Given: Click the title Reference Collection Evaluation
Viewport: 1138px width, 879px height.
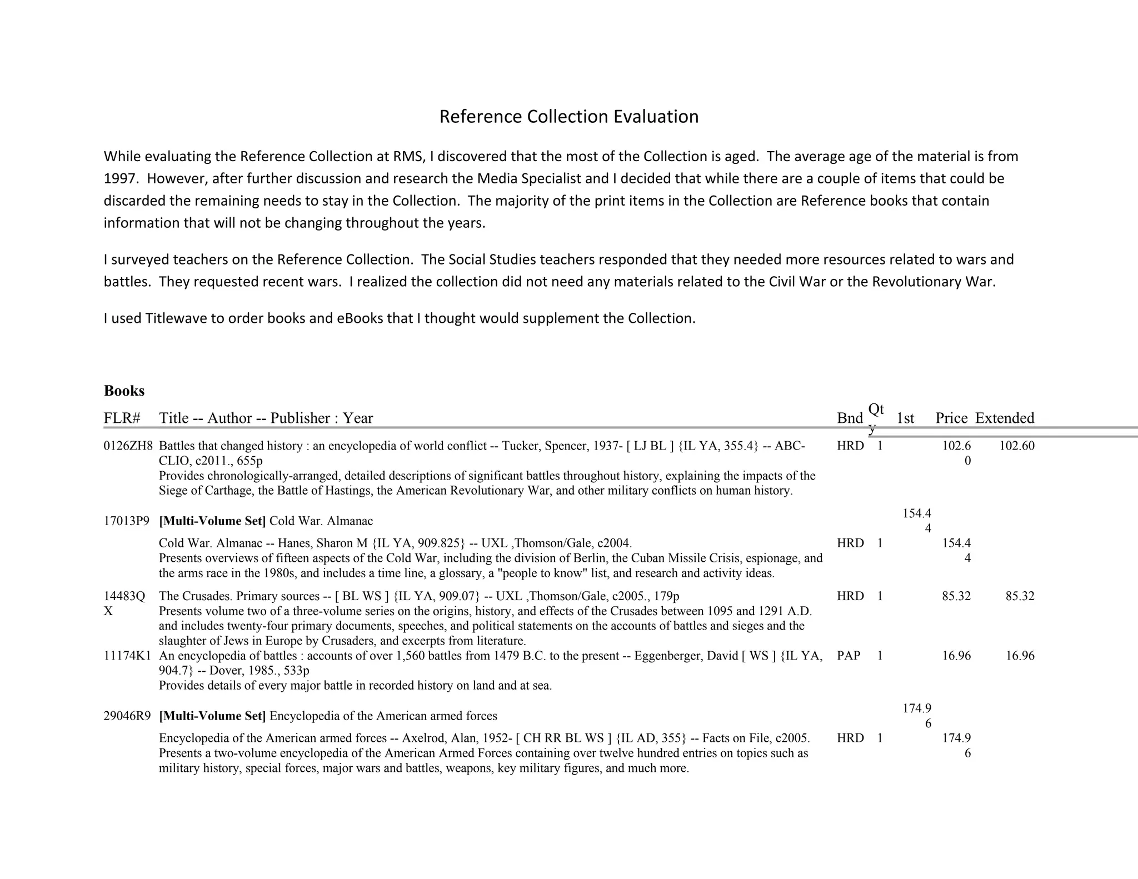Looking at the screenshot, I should [x=568, y=117].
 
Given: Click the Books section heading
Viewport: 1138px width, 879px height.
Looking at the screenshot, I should [x=124, y=391].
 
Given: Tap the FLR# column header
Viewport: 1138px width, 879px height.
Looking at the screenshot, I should [x=122, y=418].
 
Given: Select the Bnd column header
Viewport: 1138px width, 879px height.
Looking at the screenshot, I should [x=850, y=418].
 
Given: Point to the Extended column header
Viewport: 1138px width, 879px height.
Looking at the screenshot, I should [x=1004, y=418].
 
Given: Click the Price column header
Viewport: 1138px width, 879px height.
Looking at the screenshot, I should [x=951, y=418].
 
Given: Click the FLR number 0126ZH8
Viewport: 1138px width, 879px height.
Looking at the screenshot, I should [x=128, y=446].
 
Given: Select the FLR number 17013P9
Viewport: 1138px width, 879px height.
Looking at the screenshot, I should [x=127, y=521].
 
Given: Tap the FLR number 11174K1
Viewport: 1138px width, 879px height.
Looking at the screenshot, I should [x=127, y=656].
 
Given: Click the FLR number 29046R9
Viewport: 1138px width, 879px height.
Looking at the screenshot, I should [x=127, y=716].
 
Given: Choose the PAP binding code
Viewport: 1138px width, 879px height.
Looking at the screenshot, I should [x=848, y=656].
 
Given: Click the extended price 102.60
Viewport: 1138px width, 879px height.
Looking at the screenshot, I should [x=1016, y=446].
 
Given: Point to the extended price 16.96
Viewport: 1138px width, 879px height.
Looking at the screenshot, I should [x=1020, y=656].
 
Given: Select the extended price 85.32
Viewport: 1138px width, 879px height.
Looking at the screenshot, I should [x=1020, y=596].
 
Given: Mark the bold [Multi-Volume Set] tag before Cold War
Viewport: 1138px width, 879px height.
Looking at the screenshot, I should [x=212, y=521].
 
